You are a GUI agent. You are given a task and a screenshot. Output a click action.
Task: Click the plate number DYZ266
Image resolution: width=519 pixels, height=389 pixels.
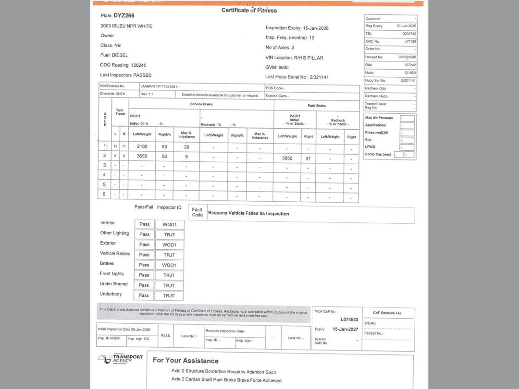[124, 15]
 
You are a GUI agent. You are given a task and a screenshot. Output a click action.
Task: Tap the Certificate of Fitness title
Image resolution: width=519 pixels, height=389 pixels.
[249, 10]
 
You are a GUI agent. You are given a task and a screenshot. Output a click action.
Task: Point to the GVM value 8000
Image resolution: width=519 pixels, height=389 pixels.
[283, 67]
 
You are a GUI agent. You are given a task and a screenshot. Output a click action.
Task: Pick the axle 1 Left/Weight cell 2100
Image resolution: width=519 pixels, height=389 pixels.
[142, 146]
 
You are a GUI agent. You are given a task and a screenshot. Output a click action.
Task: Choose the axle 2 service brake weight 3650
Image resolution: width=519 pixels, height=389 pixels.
[142, 156]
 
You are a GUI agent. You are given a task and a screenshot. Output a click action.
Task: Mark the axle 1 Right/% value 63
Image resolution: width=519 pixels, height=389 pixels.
[164, 146]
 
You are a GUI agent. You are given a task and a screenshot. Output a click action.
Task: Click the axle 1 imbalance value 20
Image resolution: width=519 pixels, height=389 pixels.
[186, 147]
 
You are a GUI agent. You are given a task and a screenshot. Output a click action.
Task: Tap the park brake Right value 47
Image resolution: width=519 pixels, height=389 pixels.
[308, 158]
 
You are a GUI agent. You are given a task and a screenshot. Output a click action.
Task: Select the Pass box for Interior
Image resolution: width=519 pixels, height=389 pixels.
[145, 224]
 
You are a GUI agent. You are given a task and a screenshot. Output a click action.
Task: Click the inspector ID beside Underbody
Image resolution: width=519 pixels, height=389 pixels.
[169, 295]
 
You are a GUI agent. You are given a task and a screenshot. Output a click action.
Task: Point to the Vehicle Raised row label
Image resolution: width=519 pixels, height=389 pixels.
[115, 254]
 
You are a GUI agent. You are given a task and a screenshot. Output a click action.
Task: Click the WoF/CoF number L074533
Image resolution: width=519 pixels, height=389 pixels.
[349, 319]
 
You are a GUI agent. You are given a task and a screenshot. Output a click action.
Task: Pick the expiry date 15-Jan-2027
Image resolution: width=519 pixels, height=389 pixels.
[345, 329]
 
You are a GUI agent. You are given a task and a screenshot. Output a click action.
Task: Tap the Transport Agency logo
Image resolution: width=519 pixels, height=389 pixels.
[121, 359]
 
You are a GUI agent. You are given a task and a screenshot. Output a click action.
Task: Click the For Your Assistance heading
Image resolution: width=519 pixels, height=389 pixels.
[185, 361]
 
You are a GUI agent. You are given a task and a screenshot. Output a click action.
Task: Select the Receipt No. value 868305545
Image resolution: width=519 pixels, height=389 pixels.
[407, 57]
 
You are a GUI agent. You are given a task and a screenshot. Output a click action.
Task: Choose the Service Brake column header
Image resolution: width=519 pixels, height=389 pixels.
[201, 104]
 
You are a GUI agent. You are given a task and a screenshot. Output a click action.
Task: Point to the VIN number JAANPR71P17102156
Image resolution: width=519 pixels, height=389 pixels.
[158, 86]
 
